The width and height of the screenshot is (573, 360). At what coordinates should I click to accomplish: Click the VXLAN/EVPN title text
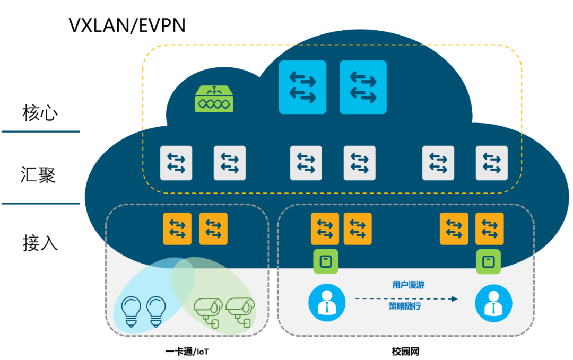tap(127, 25)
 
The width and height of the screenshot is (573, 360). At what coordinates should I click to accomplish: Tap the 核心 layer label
tap(40, 112)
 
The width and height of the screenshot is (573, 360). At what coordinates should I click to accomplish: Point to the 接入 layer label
tap(40, 243)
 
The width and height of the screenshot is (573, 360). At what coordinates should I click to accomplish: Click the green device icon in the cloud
tap(214, 99)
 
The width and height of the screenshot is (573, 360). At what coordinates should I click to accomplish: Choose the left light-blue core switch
tap(302, 87)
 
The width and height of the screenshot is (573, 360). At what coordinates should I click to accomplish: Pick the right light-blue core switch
tap(363, 87)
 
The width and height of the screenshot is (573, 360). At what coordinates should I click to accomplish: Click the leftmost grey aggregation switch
tap(176, 163)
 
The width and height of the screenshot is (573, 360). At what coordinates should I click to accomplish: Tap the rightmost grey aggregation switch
tap(491, 163)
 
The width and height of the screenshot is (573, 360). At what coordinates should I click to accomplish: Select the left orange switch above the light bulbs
tap(177, 229)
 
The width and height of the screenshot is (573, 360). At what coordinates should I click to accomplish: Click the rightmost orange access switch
tap(489, 229)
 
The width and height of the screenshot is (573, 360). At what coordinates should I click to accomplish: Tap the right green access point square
tap(488, 261)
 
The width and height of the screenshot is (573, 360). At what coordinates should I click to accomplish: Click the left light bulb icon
tap(131, 310)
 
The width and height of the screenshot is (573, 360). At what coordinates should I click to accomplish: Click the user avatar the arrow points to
tap(493, 303)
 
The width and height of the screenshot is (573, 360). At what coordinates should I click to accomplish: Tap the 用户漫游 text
tap(408, 285)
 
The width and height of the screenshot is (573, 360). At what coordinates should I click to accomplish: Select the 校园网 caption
tap(405, 351)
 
